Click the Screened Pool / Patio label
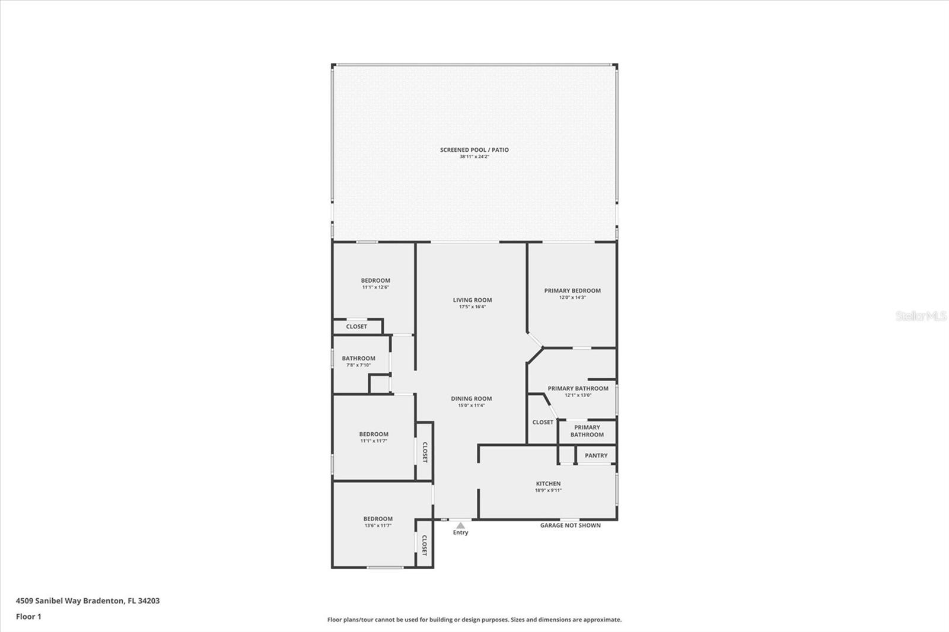(x=474, y=150)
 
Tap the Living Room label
(x=472, y=300)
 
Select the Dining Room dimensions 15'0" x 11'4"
(x=472, y=406)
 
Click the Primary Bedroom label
(x=572, y=291)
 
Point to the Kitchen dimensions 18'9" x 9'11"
(x=548, y=490)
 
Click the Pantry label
(x=596, y=455)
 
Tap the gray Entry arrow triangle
(x=461, y=525)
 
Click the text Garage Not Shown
(x=570, y=525)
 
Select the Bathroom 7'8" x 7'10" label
(x=358, y=358)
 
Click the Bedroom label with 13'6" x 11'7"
(x=378, y=519)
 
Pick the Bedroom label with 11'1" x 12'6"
(x=375, y=280)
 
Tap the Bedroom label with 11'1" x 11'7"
(x=374, y=434)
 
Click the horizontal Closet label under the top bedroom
(x=356, y=327)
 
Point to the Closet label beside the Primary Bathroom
(x=543, y=422)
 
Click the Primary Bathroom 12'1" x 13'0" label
(x=578, y=388)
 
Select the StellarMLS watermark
(x=921, y=316)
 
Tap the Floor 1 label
(x=28, y=617)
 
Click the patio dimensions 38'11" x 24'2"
(x=474, y=157)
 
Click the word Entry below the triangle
(x=461, y=532)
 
